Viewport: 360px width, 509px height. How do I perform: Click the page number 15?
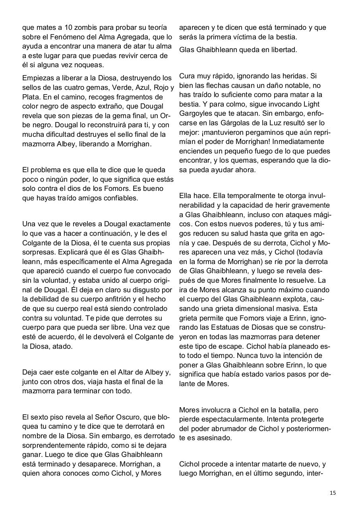click(333, 493)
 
